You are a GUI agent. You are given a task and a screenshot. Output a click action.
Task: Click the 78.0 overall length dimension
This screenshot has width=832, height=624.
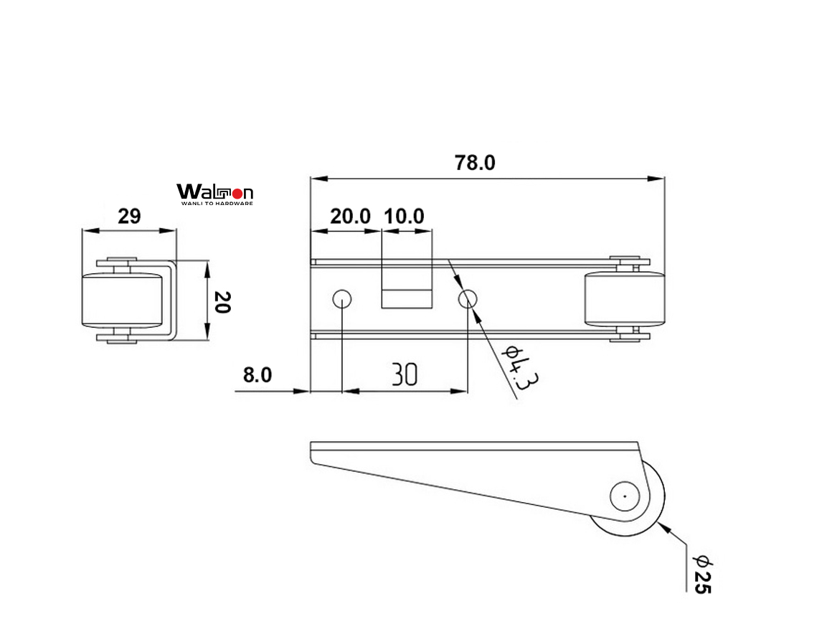[x=475, y=164]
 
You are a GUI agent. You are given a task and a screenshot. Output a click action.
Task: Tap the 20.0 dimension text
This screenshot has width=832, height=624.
[x=350, y=216]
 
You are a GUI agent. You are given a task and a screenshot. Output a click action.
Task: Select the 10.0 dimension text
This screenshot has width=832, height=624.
[x=405, y=216]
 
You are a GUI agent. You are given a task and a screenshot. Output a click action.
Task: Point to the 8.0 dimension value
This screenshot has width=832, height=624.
[x=257, y=375]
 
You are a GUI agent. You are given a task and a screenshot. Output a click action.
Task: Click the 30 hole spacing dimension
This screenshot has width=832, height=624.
[x=405, y=374]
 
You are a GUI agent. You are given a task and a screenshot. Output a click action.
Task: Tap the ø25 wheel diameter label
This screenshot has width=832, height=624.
[x=701, y=574]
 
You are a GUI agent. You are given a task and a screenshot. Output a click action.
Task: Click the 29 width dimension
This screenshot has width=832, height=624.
[x=129, y=216]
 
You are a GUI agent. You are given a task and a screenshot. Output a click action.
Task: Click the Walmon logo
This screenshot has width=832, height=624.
[x=214, y=192]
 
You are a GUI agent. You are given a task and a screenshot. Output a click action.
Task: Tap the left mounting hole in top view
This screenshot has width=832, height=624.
[x=341, y=298]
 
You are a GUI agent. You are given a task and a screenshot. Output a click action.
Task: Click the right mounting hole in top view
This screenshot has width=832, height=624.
[x=468, y=298]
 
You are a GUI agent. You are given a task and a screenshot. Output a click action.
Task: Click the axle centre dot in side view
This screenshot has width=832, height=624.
[x=624, y=496]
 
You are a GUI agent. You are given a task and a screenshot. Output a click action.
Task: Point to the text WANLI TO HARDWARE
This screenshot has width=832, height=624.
[x=214, y=204]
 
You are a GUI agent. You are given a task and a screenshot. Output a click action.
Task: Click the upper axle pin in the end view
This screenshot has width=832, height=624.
[x=123, y=260]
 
